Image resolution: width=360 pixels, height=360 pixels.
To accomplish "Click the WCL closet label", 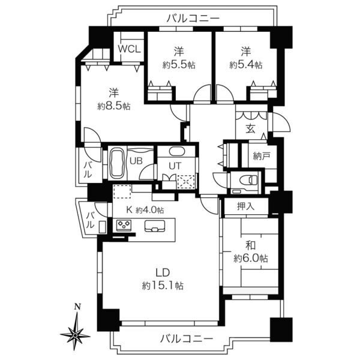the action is tap(129, 49).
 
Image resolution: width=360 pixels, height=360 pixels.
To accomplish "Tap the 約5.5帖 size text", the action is tap(179, 65).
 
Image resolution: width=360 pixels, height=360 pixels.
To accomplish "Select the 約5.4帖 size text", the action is tap(246, 65).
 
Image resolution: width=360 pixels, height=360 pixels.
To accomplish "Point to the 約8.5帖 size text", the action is tap(114, 106).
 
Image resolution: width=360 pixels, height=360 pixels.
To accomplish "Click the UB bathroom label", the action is tap(136, 161).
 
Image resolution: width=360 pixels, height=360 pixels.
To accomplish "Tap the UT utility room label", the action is tap(175, 166).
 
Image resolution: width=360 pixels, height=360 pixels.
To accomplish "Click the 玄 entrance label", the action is tap(251, 129).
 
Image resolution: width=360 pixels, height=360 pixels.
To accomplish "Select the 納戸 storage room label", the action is tap(262, 157).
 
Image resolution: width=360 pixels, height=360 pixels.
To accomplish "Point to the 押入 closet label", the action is tap(245, 206).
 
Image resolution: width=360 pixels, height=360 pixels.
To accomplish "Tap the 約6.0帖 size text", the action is tap(251, 259).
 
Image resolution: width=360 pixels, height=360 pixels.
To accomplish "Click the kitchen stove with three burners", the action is tap(124, 225).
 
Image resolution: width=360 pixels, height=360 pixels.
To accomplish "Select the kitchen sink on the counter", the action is tap(155, 226).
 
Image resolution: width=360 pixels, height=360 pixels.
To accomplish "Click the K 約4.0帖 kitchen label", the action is tap(145, 210).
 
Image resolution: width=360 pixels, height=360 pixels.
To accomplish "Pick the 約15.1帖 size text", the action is tap(163, 286).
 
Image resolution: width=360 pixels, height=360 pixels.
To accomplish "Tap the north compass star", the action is tap(75, 335).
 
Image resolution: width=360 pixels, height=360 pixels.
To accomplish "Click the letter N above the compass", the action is tap(78, 306).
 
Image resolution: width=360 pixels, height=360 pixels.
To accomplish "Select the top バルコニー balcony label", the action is tap(193, 19).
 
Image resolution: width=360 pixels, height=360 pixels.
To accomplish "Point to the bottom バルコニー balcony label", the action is tap(187, 338).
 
